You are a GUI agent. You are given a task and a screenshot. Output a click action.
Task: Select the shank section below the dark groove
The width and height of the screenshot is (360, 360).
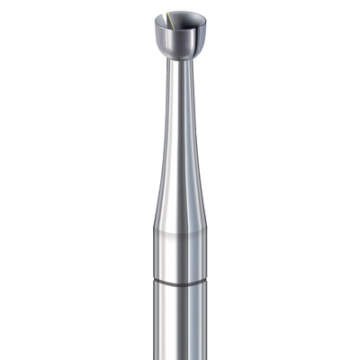tap(180, 324)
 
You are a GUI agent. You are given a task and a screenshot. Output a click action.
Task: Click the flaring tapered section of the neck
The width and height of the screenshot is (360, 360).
tap(180, 180)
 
